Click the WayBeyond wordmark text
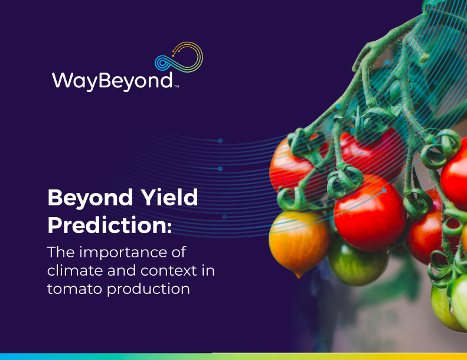(x=112, y=80)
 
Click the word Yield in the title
(x=169, y=197)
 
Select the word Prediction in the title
(x=107, y=225)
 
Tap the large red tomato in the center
(x=370, y=213)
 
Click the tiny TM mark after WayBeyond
(x=177, y=87)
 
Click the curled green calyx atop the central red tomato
(x=345, y=180)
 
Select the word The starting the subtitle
(x=61, y=252)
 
